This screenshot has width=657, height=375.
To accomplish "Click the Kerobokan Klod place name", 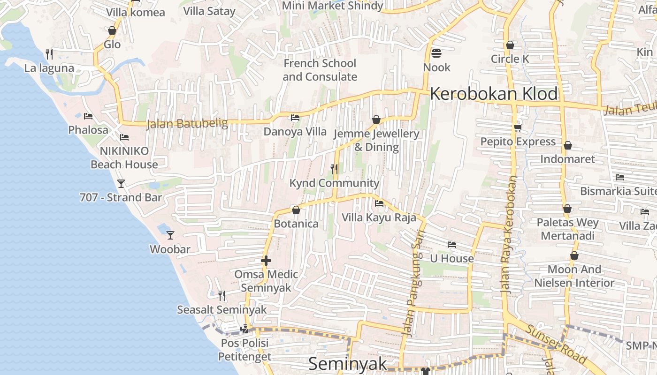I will point(494,94).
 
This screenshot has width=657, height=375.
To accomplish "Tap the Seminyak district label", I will point(348,364).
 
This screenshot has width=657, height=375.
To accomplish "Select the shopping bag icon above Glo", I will point(112,31).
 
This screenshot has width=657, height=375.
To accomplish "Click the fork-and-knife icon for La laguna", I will point(49,54).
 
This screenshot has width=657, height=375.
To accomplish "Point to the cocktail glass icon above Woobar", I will point(170,235).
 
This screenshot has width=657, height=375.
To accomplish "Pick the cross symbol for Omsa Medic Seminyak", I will point(266,261).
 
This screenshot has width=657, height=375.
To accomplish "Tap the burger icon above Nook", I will point(436,53).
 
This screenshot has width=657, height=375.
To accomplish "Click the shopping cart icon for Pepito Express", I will point(518,127).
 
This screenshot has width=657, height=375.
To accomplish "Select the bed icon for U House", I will point(452,245).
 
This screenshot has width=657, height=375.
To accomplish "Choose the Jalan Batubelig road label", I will point(187,124).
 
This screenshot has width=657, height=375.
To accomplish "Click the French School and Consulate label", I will point(320,70).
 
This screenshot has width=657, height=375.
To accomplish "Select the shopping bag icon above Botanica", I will point(296,210).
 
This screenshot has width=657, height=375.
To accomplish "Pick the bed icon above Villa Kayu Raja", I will point(379,203).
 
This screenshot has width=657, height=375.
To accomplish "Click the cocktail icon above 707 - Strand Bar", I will point(122,184).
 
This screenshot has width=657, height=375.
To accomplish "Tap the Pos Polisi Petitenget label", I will point(244,350).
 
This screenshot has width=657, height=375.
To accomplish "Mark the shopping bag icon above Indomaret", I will point(568,145).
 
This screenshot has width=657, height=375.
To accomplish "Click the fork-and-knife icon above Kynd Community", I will point(334,169).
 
